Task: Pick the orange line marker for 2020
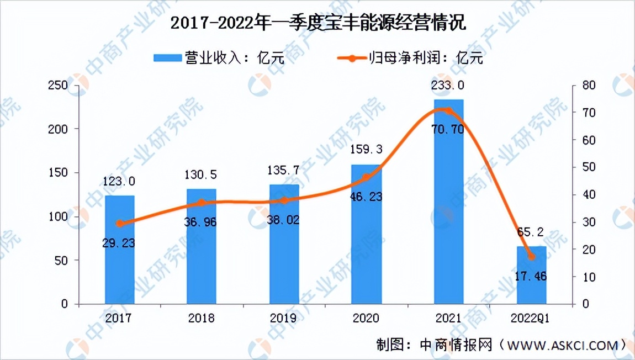coord(366,177)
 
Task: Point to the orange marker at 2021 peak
coord(448,111)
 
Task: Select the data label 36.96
coord(202,222)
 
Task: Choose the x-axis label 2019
coord(284,319)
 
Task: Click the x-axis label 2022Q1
coord(531,319)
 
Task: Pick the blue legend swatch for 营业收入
coord(168,57)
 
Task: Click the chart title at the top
coord(317,23)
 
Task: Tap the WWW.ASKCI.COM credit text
coord(560,345)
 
